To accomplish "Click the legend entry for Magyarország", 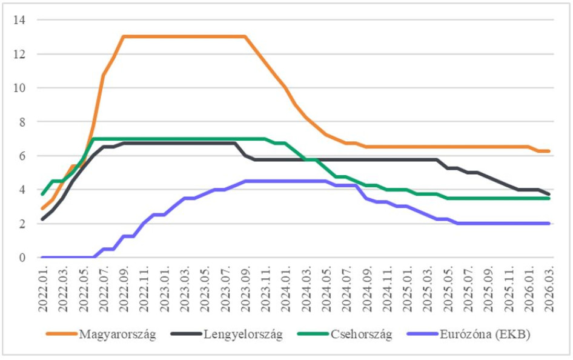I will pos(117,335).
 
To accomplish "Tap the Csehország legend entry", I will pos(362,335).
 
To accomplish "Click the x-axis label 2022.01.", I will pos(43,288).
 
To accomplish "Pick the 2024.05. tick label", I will pos(326,288).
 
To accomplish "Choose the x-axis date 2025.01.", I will pos(407,288).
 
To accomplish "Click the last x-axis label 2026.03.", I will pos(549,288).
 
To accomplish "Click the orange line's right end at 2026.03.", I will pos(549,151).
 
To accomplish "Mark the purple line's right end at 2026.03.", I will pos(549,223).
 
